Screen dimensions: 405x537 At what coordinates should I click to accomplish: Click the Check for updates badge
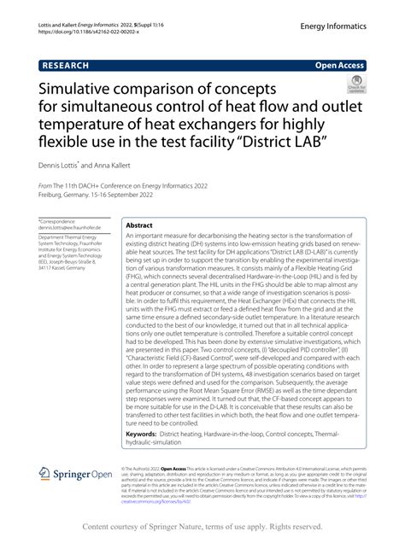[352, 89]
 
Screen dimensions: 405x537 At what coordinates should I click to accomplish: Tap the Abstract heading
[139, 227]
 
